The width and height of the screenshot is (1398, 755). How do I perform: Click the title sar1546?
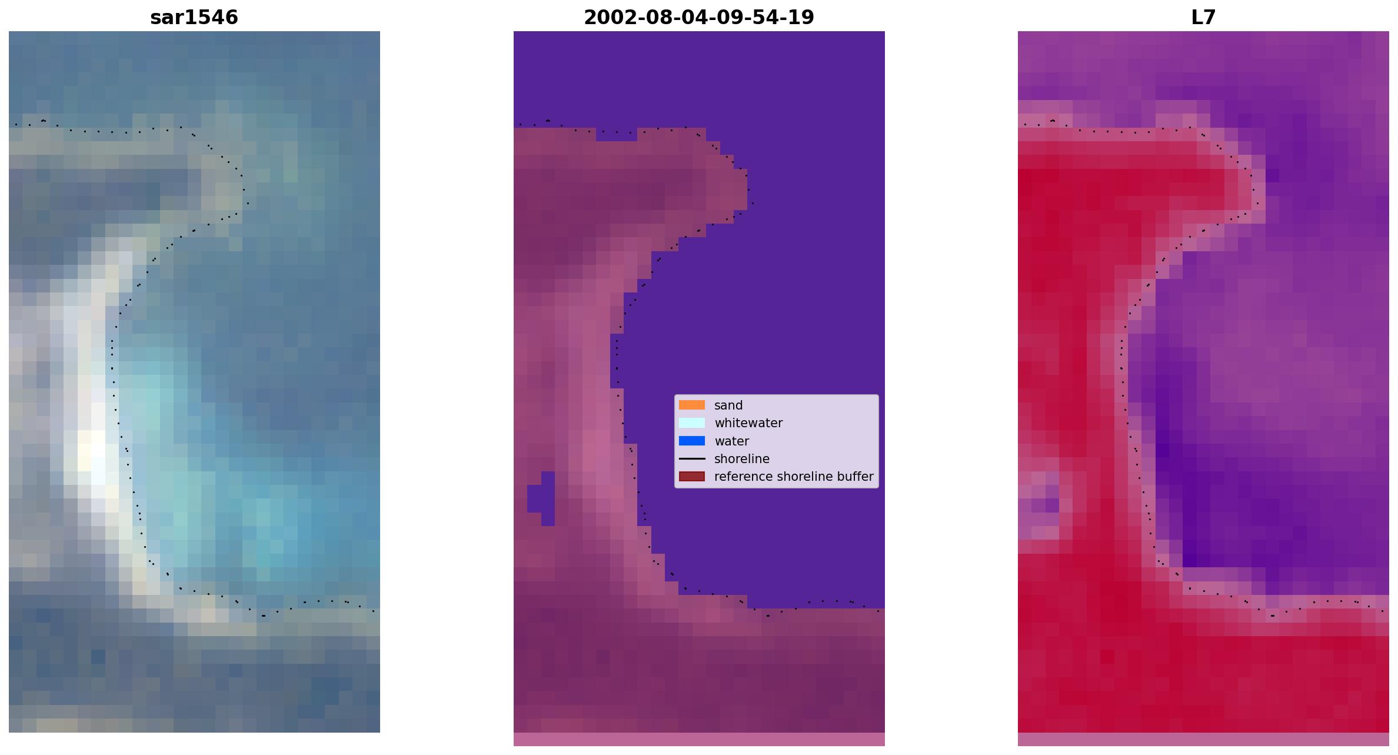point(194,18)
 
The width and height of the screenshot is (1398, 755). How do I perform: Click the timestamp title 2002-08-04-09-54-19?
point(699,18)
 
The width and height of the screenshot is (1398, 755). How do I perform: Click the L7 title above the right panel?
point(1203,18)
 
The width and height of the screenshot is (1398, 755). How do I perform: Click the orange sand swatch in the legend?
point(692,405)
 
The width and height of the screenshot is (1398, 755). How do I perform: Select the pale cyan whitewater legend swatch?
point(692,423)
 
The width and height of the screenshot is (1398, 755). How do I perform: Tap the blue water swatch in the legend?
point(692,441)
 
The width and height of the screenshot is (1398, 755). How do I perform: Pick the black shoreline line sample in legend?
point(692,458)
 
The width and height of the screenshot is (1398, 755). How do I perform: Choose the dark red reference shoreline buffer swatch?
point(692,476)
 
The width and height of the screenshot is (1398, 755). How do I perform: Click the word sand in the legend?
point(728,405)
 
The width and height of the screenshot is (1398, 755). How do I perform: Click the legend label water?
point(731,441)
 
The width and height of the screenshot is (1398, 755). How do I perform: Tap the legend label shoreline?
point(742,459)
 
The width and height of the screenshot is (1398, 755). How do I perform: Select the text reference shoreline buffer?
point(794,477)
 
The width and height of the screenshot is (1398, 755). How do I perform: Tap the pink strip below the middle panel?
point(699,739)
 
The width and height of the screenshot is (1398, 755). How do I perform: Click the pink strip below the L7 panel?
point(1203,739)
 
